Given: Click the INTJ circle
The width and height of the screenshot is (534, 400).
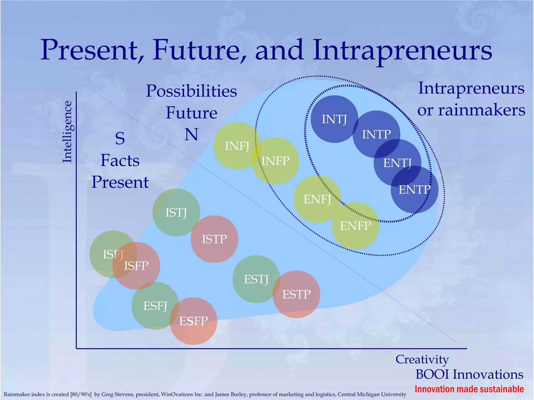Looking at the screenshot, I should click(x=334, y=119).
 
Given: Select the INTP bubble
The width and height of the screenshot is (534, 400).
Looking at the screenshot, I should click(x=376, y=134).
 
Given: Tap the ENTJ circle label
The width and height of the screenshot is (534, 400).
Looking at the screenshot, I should click(x=397, y=163).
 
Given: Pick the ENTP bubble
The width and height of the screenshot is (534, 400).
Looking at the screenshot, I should click(x=415, y=189).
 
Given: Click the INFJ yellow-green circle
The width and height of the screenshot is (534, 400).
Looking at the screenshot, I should click(x=237, y=146).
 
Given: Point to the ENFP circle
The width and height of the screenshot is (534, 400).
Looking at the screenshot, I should click(x=355, y=226).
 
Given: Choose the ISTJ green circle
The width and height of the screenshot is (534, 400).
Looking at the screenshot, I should click(x=176, y=212).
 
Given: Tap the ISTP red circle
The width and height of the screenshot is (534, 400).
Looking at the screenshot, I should click(x=214, y=239).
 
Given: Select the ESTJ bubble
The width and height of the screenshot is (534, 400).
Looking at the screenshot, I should click(x=256, y=279).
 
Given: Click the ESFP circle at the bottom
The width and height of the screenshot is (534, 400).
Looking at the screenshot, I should click(x=193, y=321).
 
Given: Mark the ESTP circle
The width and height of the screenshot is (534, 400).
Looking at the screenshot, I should click(x=296, y=294).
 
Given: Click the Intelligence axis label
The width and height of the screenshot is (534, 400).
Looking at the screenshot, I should click(x=67, y=132).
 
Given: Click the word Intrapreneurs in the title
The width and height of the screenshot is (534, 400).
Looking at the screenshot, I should click(x=402, y=50).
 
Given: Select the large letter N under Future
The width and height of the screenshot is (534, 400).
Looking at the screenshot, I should click(x=191, y=134).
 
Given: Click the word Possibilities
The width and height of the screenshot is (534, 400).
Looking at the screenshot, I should click(x=191, y=91).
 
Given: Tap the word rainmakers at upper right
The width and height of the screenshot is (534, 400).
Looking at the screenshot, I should click(x=481, y=110).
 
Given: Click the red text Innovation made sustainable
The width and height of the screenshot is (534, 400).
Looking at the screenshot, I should click(x=469, y=389).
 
